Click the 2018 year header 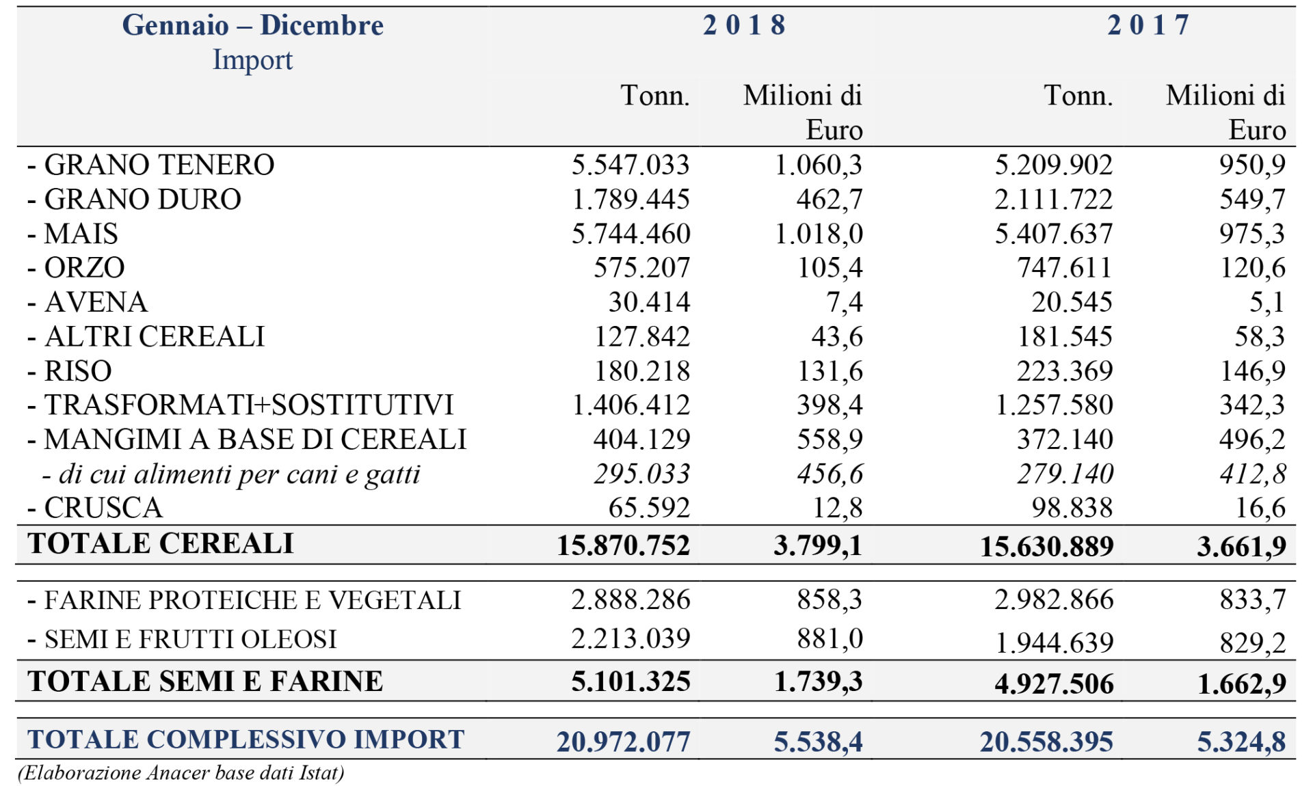click(744, 25)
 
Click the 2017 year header click(1149, 25)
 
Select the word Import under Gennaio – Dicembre click(252, 60)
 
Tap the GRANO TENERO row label click(151, 165)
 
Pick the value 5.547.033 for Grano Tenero click(631, 165)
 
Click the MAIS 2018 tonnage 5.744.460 click(631, 234)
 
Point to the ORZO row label click(77, 268)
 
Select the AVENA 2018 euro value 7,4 click(845, 302)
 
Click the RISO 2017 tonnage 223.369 click(1065, 371)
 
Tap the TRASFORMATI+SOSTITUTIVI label click(241, 405)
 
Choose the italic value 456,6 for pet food click(830, 474)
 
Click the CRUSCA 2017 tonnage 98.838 click(1072, 508)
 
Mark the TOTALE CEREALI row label click(161, 543)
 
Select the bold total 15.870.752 click(623, 545)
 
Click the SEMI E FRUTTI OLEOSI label click(183, 640)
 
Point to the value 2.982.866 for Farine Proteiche click(1054, 600)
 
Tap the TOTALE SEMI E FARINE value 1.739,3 click(818, 682)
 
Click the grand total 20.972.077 click(623, 742)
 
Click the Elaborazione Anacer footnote click(181, 773)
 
